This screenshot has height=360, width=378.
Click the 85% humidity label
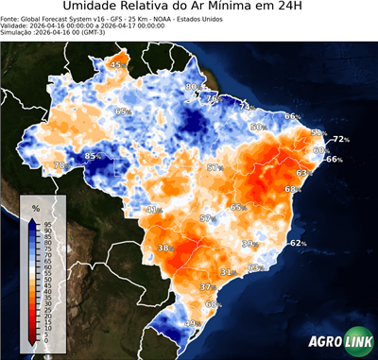(94, 156)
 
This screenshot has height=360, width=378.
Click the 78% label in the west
(60, 166)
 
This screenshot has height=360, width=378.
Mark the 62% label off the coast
(299, 244)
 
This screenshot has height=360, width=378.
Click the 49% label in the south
(190, 324)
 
